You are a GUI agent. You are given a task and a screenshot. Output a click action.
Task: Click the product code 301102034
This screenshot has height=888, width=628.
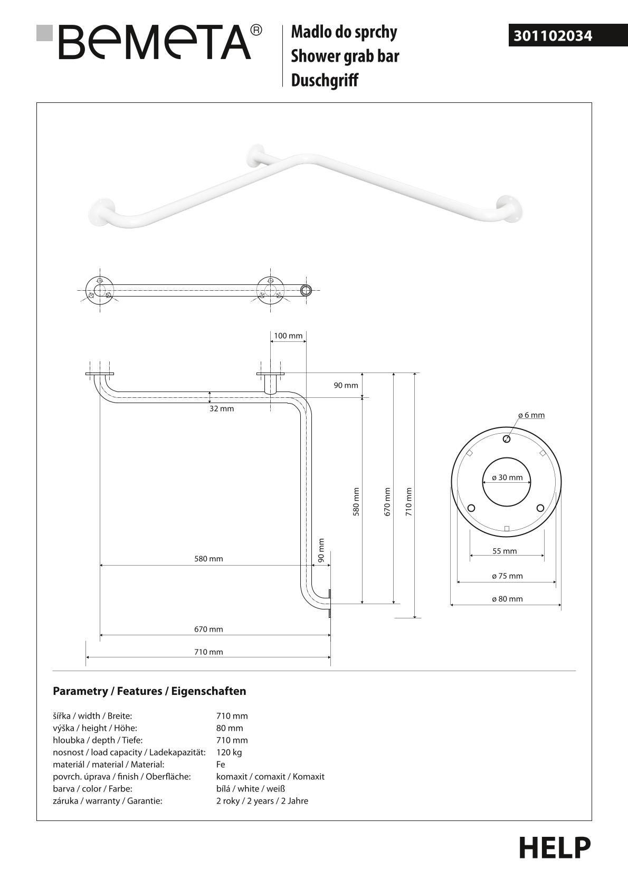[x=553, y=36]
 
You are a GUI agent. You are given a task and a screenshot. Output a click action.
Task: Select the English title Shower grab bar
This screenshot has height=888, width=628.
[x=345, y=56]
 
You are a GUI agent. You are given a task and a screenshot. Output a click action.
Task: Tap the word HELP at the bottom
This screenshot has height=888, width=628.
[x=554, y=848]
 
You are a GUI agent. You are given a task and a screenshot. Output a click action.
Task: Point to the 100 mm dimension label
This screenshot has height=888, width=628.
[x=288, y=336]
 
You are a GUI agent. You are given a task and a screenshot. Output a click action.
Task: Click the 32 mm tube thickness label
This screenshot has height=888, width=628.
[x=222, y=408]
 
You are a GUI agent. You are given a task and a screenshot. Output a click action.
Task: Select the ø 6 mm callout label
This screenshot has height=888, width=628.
[x=531, y=415]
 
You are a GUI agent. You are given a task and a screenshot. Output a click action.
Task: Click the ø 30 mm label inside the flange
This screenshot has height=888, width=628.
[x=507, y=478]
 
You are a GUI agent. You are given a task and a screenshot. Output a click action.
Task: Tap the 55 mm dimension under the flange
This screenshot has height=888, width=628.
[x=505, y=551]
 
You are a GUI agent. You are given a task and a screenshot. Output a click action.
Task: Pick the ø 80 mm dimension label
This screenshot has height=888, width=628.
[x=507, y=599]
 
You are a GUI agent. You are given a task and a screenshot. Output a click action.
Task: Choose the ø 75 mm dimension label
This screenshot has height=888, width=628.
[x=507, y=576]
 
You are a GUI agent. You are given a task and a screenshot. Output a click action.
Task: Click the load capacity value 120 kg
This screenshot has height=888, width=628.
[x=229, y=752]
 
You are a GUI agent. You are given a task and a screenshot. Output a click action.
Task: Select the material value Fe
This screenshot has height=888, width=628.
[x=221, y=765]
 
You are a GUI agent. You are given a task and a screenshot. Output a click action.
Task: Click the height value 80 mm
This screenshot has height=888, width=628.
[x=230, y=728]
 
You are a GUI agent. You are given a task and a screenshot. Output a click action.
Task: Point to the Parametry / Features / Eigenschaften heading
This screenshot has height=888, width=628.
[x=149, y=691]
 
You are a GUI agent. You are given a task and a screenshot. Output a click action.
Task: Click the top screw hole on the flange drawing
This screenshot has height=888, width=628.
[x=507, y=439]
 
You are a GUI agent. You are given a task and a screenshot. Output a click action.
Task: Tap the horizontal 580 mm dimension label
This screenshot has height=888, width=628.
[x=208, y=559]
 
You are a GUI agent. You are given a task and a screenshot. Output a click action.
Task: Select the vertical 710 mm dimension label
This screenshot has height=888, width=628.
[x=409, y=501]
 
